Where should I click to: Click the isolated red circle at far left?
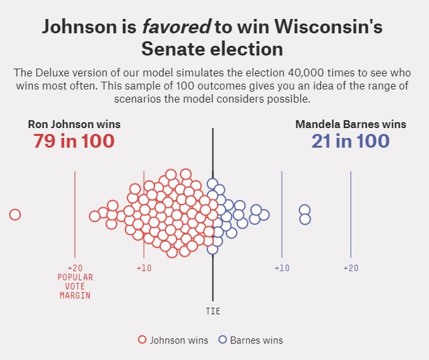(x=15, y=214)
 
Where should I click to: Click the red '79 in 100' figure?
(x=74, y=140)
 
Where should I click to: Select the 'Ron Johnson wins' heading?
(x=74, y=124)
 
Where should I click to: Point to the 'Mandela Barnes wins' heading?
(x=351, y=124)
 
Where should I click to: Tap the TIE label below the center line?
(x=213, y=312)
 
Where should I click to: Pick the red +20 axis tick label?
(x=75, y=268)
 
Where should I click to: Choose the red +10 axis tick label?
(x=144, y=268)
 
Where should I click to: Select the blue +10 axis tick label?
(x=282, y=268)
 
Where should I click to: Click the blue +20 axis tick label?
(x=351, y=268)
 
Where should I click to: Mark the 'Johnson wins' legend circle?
(x=142, y=340)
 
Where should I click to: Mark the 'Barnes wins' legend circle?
(x=222, y=340)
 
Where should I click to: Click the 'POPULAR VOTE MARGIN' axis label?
(x=75, y=286)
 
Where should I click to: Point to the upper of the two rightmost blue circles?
(x=305, y=210)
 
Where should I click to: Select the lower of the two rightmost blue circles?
(x=305, y=219)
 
